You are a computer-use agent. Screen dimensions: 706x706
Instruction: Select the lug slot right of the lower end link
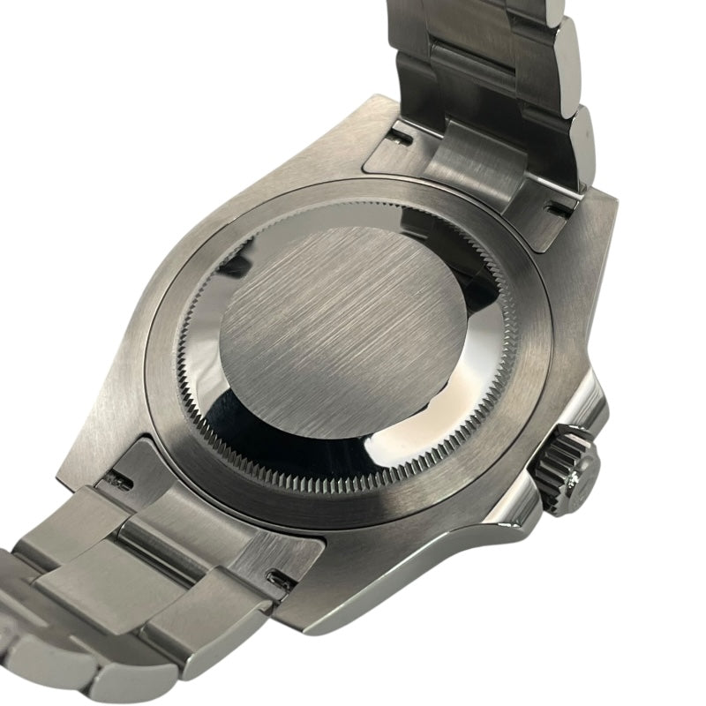pyautogui.click(x=281, y=579)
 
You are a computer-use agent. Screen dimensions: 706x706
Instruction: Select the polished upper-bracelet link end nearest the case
pyautogui.click(x=578, y=141)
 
